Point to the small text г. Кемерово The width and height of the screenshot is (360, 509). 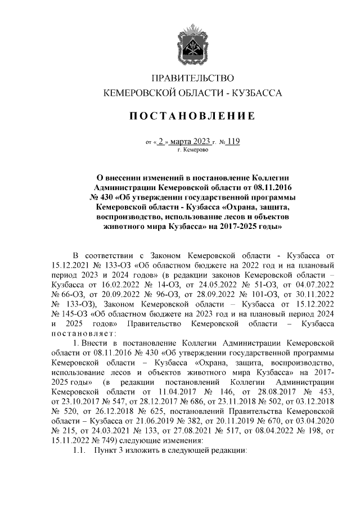[x=193, y=151]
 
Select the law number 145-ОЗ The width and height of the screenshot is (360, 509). [x=74, y=314]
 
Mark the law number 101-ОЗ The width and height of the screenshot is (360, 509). [x=258, y=293]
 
